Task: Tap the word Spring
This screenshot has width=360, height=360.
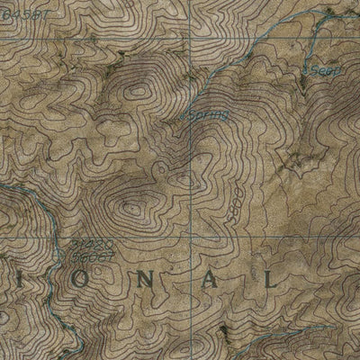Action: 208,115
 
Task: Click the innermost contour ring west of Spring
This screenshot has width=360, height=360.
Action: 137,91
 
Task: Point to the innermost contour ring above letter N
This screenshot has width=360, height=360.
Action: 133,209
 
